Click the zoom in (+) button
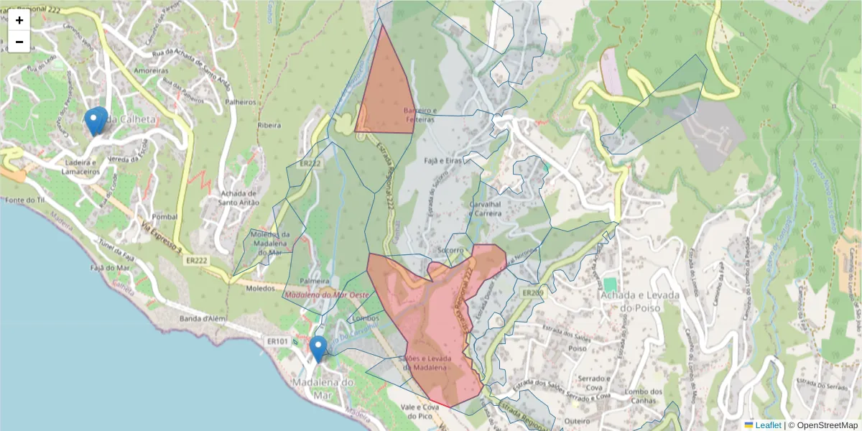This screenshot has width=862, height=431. (x=19, y=20)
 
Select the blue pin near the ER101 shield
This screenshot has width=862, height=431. (x=318, y=348)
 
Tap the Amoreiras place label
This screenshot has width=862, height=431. (x=151, y=71)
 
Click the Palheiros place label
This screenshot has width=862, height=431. (x=241, y=103)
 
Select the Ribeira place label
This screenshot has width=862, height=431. (x=269, y=125)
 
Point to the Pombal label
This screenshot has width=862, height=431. (x=165, y=216)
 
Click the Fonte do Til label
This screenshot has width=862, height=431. (x=25, y=199)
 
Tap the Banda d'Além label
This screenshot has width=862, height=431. (x=203, y=318)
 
